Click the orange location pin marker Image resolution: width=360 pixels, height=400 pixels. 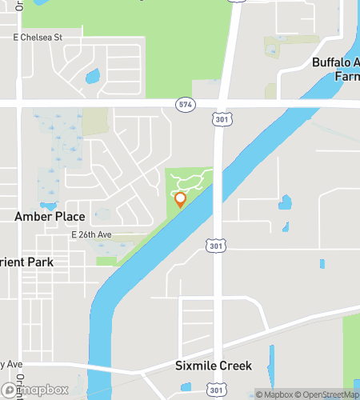(x=180, y=199)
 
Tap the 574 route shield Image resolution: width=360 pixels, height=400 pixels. (x=186, y=104)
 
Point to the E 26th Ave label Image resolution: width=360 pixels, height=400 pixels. (x=90, y=234)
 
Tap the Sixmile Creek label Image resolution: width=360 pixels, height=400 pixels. (x=214, y=366)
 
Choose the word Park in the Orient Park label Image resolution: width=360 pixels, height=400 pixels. (x=40, y=262)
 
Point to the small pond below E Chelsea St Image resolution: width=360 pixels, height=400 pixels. (x=93, y=78)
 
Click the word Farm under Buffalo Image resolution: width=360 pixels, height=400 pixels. (x=346, y=78)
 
